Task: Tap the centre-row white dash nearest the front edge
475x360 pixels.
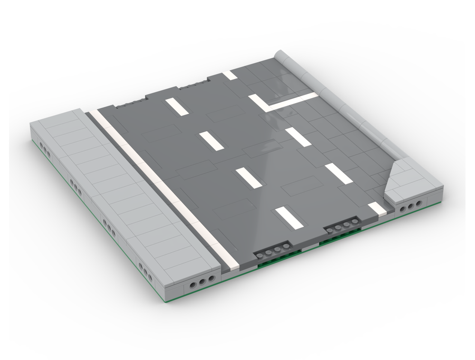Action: (286, 216)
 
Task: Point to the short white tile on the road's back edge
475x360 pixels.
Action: (230, 75)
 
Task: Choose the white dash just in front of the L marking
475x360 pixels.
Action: (298, 137)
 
